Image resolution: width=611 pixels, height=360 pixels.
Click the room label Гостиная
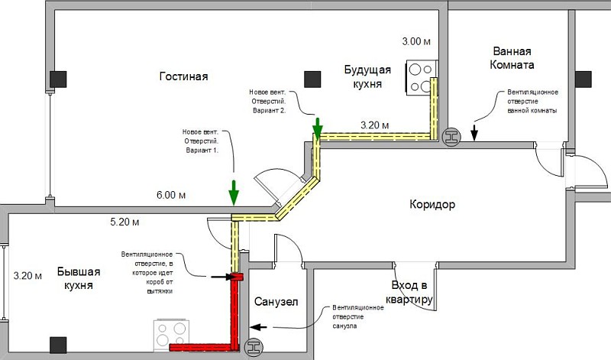pos(183,76)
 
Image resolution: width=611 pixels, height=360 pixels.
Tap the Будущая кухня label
pos(367,77)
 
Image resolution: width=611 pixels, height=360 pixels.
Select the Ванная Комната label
pos(512,58)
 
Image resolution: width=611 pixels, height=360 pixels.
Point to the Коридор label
pos(432,204)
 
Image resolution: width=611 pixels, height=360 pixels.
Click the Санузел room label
pos(276,301)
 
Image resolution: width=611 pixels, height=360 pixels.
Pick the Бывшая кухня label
pos(79,278)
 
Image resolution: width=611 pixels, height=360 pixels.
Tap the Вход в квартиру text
pos(409,292)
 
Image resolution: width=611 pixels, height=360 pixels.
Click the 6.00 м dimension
pos(171,195)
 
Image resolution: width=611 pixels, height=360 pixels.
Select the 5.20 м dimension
pos(124,222)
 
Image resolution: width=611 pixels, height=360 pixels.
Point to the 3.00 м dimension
pos(416,41)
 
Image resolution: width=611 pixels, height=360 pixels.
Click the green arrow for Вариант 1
pos(234,193)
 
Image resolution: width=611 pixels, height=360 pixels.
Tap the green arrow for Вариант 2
pos(318,128)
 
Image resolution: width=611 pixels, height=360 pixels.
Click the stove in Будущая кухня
pos(422,78)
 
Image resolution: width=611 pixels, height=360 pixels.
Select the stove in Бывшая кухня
pos(171,335)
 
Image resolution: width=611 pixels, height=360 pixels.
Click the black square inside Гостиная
pos(312,79)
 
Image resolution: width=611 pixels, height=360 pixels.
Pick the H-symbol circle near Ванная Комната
pos(452,137)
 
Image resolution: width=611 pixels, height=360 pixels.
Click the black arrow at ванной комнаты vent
pos(474,132)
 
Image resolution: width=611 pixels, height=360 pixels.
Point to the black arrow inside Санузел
pos(258,327)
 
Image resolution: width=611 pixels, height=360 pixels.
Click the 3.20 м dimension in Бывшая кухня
pos(27,276)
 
